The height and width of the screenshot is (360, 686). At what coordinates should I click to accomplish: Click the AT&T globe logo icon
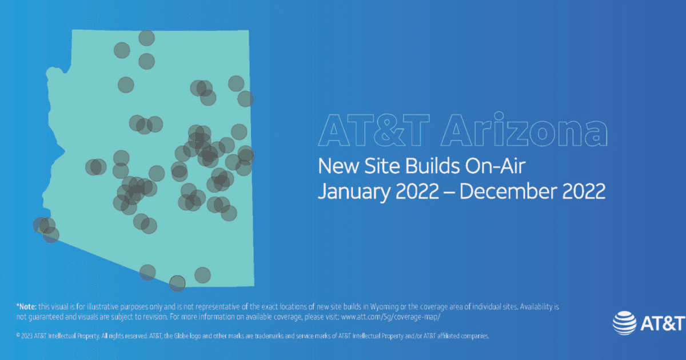click(625, 323)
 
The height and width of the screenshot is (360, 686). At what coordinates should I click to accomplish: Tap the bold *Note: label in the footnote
click(27, 307)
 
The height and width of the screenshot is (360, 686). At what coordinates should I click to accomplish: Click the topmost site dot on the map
click(147, 38)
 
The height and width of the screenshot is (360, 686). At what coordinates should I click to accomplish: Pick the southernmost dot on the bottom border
click(177, 282)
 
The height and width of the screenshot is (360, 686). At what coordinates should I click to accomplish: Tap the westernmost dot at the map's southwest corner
click(41, 225)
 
